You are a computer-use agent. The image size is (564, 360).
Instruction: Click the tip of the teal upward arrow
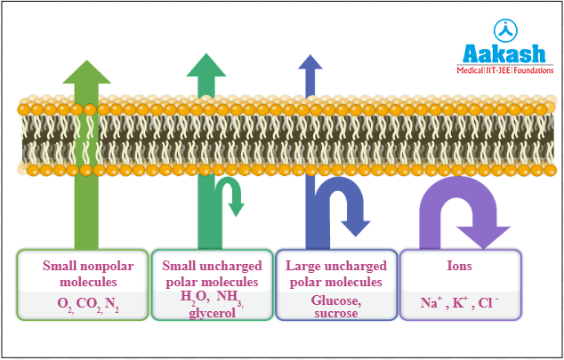coord(206,56)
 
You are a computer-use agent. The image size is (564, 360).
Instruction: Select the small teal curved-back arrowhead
coord(237,209)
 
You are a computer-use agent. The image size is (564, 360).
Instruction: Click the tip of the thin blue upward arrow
coord(310,58)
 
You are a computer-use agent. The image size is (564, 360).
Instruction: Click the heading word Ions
coord(459,266)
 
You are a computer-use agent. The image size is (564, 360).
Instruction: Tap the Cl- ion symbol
coord(488,302)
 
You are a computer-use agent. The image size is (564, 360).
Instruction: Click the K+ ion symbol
coord(461,302)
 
